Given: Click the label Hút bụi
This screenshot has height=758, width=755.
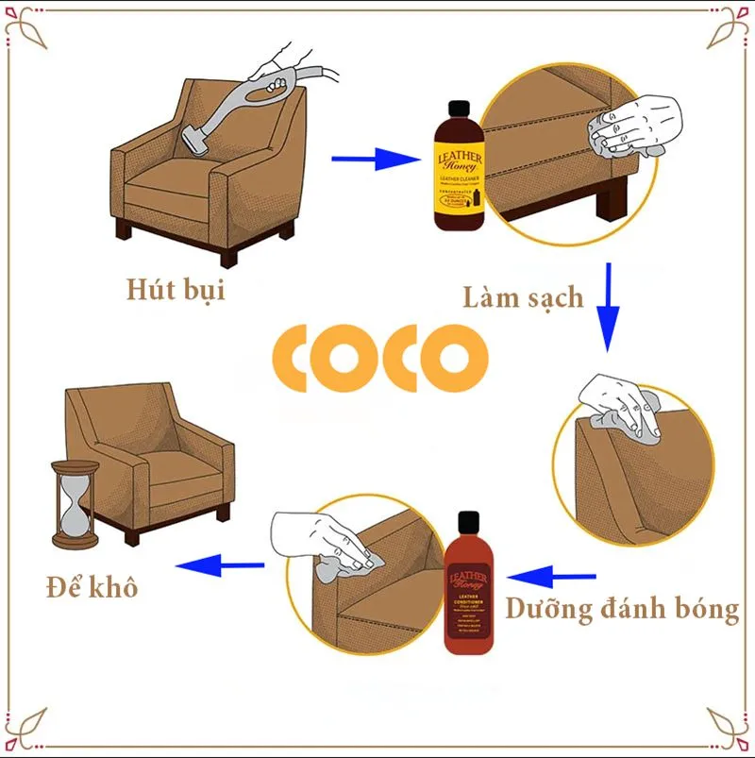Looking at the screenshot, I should [x=176, y=288].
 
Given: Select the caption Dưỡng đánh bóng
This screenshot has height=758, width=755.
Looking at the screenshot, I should [x=622, y=609].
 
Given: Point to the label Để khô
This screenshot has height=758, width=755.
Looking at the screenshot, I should [x=92, y=587].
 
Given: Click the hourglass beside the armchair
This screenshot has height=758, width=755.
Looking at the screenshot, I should [x=74, y=505].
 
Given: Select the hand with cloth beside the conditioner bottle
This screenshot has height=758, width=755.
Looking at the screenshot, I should [x=326, y=543].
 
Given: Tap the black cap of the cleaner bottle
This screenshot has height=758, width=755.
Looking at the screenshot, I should [x=458, y=90].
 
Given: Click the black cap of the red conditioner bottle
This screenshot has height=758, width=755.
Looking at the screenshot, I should [x=469, y=523].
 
